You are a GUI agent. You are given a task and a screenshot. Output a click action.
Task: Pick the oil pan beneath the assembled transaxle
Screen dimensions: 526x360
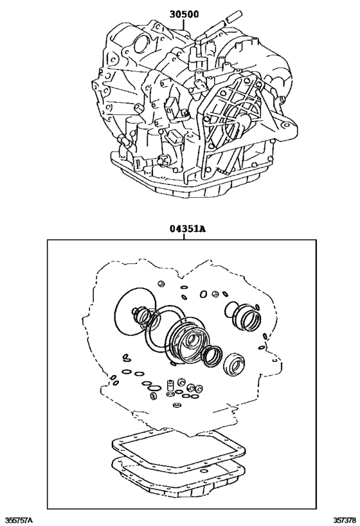point(186,183)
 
